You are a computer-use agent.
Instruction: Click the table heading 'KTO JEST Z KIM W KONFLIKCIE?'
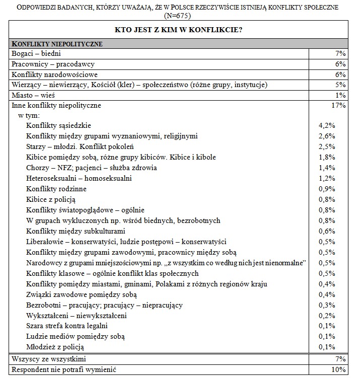179,29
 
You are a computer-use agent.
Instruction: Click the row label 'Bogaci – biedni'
37,53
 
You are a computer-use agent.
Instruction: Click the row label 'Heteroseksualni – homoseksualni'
79,178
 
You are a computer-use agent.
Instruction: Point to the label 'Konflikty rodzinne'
56,189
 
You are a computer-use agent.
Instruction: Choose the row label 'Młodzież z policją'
55,347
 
